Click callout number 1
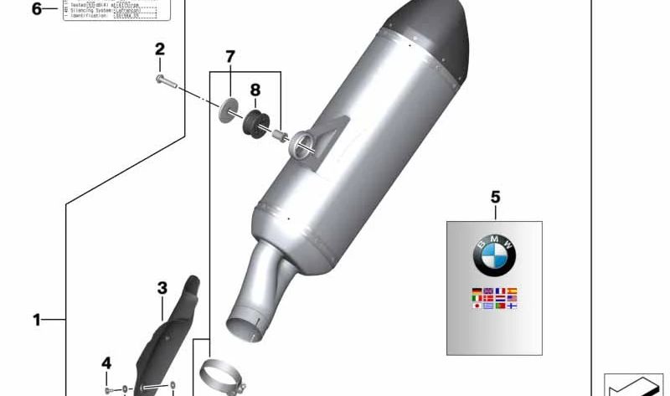(36, 320)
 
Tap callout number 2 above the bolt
(159, 49)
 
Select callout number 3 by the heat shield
(162, 289)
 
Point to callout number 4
(106, 363)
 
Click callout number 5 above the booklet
(494, 198)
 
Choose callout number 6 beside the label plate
(36, 10)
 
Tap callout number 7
(229, 57)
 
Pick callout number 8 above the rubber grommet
(255, 90)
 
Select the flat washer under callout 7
(227, 112)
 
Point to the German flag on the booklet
(477, 291)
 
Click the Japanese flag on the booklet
(477, 306)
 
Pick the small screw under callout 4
(109, 389)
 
